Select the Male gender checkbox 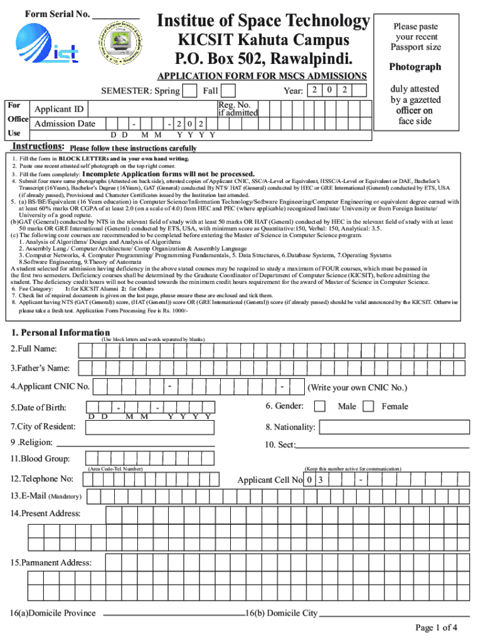tap(320, 406)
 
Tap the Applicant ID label tap(59, 110)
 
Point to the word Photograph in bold tap(415, 67)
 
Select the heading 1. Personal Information tap(60, 332)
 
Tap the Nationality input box tap(395, 428)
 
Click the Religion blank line tap(138, 444)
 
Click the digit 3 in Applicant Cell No tap(320, 480)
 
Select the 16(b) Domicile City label tap(282, 613)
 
